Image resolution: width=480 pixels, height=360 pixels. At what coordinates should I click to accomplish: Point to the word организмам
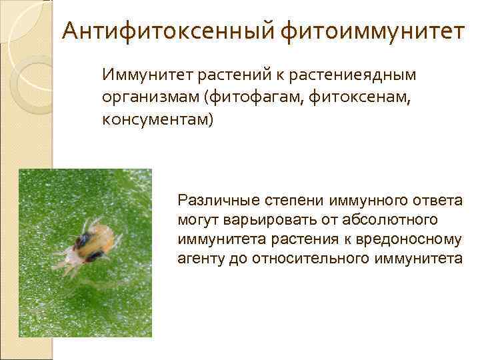point(151,98)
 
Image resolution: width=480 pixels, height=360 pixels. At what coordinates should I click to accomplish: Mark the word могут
point(195,219)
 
